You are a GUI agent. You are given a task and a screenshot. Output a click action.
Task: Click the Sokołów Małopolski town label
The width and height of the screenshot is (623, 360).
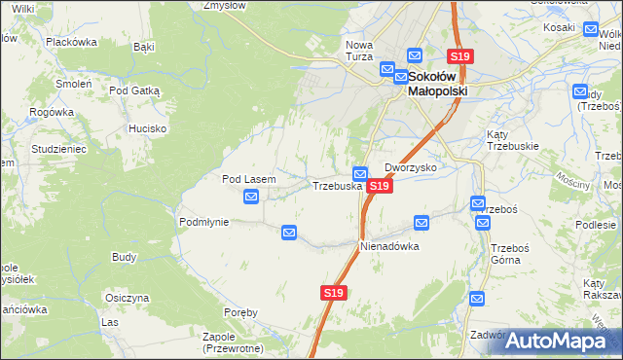[437, 83]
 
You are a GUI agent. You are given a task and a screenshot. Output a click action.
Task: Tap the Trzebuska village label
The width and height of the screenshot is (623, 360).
[337, 185]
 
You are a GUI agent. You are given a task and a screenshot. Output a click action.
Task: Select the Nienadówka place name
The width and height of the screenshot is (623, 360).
[389, 246]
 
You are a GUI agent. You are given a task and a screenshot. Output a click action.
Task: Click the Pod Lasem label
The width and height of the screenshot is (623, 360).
[249, 179]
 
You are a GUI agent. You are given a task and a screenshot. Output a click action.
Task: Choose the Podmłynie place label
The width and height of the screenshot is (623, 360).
[203, 222]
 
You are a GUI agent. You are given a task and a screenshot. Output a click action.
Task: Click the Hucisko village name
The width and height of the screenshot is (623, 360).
[147, 128]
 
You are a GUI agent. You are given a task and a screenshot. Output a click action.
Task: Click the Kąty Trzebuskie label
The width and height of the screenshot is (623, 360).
[511, 139]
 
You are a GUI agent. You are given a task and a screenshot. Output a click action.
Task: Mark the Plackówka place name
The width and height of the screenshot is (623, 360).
[72, 42]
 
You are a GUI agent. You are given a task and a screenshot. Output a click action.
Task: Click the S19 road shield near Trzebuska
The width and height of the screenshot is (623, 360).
[380, 185]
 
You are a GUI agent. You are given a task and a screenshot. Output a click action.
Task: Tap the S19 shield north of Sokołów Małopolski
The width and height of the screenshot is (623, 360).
[459, 57]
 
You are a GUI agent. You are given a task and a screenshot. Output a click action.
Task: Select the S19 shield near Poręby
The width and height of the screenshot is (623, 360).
[333, 292]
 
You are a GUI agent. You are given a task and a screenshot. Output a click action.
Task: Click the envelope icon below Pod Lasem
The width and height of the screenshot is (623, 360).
[251, 198]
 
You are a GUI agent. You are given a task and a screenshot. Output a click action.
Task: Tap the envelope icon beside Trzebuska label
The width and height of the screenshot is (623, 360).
[359, 173]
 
